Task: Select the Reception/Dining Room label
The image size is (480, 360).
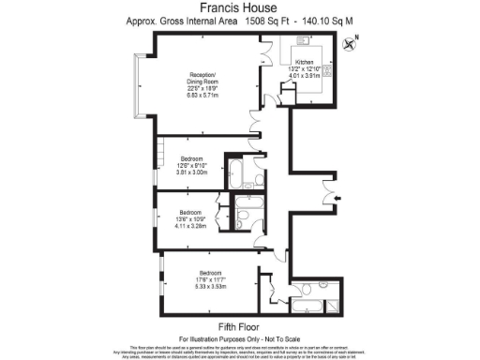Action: [202, 79]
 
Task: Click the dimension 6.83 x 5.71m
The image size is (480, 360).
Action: [202, 96]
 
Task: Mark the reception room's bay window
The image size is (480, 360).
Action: [138, 84]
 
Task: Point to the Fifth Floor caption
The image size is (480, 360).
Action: [239, 325]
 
